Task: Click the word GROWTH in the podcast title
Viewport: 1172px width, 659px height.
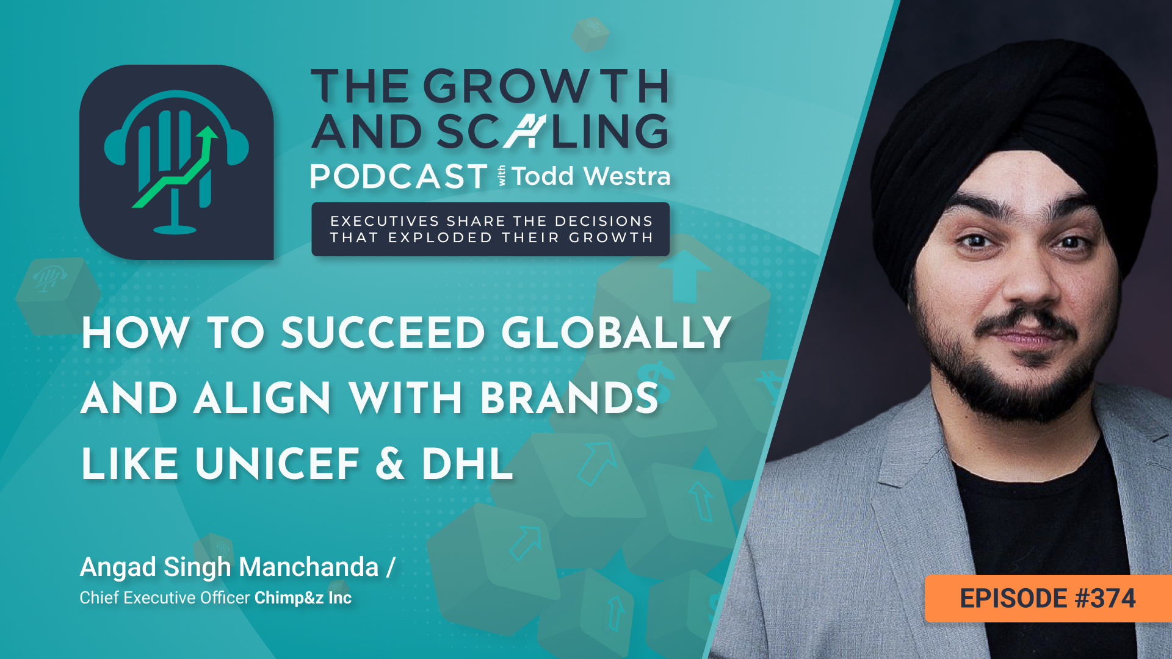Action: [x=546, y=86]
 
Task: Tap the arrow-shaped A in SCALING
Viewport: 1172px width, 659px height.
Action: [x=525, y=131]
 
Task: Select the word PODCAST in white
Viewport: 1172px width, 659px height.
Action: [x=399, y=177]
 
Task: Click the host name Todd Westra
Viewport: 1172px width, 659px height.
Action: [x=591, y=176]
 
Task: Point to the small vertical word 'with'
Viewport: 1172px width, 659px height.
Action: [x=502, y=176]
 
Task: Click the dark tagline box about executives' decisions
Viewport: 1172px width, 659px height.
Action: [x=491, y=229]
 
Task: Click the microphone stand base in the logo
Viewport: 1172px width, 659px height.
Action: [x=175, y=229]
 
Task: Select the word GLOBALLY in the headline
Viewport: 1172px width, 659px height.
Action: [x=617, y=333]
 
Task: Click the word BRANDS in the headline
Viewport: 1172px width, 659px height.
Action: [x=570, y=398]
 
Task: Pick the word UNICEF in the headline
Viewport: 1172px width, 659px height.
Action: [x=278, y=464]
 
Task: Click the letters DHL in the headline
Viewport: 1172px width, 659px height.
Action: [x=468, y=464]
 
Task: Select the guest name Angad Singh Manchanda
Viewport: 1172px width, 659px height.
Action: [x=230, y=567]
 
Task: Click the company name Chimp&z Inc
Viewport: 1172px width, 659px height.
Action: [x=303, y=598]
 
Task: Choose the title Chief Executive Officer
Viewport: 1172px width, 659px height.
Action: [x=165, y=598]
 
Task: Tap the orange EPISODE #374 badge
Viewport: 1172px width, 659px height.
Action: [x=1048, y=599]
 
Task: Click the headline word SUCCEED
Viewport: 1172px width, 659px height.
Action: [x=383, y=333]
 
